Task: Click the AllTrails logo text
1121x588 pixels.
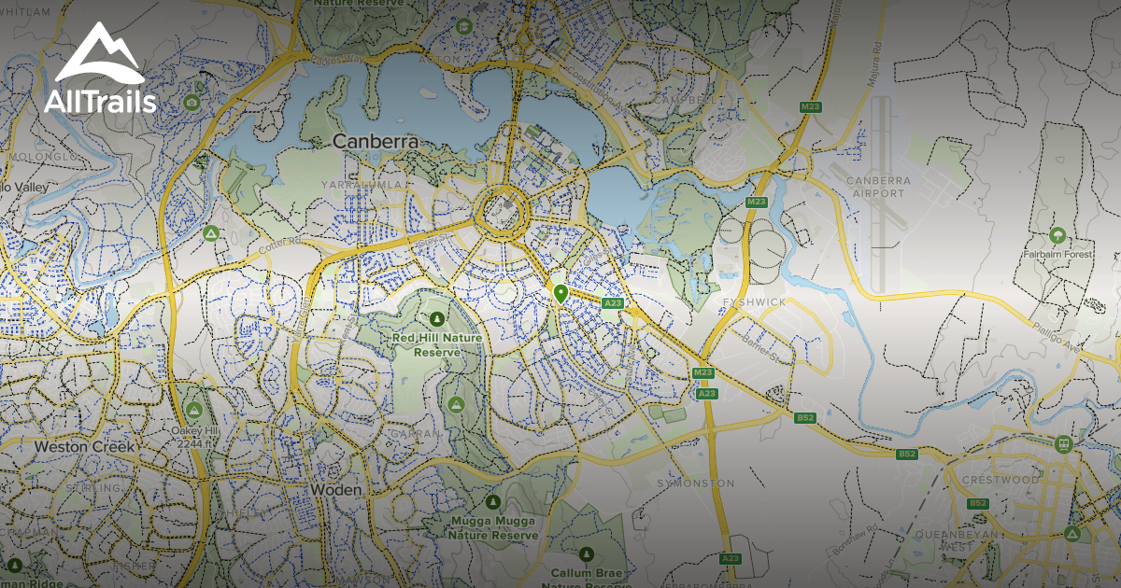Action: tap(100, 102)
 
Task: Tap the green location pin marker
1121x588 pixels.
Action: tap(560, 294)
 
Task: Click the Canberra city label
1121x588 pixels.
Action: tap(375, 142)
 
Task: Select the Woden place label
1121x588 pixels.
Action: tap(335, 489)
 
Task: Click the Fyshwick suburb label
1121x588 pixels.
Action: tap(754, 302)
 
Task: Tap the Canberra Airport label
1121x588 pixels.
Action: tap(877, 187)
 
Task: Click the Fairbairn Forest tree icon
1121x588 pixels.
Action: tap(1057, 233)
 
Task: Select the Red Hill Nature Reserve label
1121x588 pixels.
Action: tap(437, 344)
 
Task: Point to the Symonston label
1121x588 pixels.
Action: tap(696, 483)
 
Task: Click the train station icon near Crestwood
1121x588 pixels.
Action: tap(1062, 444)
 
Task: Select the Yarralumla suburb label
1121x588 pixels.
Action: tap(364, 186)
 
